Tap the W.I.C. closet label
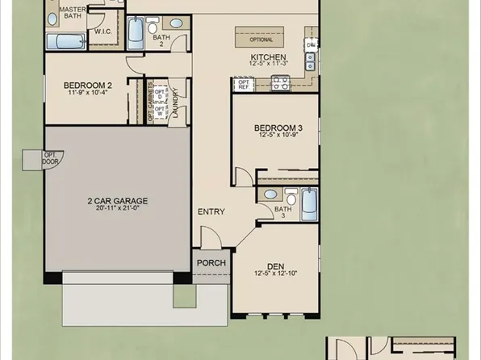click(102, 32)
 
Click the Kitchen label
click(269, 57)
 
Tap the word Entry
click(211, 211)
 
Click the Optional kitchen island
click(261, 38)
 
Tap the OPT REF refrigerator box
click(243, 82)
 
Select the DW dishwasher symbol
click(311, 44)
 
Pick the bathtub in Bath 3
click(309, 204)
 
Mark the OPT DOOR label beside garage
click(50, 158)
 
